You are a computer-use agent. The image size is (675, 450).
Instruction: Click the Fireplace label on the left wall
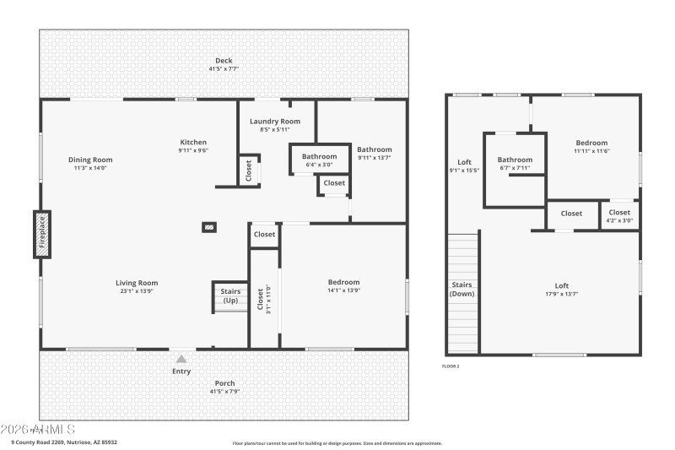pyautogui.click(x=40, y=232)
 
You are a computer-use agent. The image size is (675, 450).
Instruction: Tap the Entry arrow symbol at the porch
pyautogui.click(x=181, y=360)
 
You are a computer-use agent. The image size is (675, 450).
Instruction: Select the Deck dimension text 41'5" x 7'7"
pyautogui.click(x=224, y=68)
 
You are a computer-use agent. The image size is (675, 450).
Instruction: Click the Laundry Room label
pyautogui.click(x=275, y=122)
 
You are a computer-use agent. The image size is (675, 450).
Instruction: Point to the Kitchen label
pyautogui.click(x=193, y=142)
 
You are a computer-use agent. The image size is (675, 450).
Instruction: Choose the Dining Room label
pyautogui.click(x=90, y=160)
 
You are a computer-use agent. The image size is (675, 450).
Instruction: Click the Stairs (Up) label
pyautogui.click(x=229, y=295)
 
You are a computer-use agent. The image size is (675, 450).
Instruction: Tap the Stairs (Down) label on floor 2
pyautogui.click(x=462, y=289)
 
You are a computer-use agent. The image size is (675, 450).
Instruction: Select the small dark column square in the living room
pyautogui.click(x=208, y=226)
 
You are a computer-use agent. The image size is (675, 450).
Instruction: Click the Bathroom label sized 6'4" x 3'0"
pyautogui.click(x=320, y=156)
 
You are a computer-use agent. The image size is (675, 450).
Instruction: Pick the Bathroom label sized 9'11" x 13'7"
pyautogui.click(x=375, y=149)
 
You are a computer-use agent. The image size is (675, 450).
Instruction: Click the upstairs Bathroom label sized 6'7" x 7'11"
pyautogui.click(x=515, y=160)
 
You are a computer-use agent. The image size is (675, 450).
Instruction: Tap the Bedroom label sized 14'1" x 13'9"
pyautogui.click(x=343, y=282)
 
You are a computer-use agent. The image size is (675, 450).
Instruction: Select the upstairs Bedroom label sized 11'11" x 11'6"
pyautogui.click(x=591, y=143)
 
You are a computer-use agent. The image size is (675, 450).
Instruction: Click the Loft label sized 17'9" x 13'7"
pyautogui.click(x=561, y=285)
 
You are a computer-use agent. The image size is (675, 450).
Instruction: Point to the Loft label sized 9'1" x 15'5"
pyautogui.click(x=464, y=162)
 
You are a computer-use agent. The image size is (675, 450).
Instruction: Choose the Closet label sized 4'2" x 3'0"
pyautogui.click(x=619, y=213)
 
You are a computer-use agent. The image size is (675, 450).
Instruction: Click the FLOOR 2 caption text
pyautogui.click(x=451, y=366)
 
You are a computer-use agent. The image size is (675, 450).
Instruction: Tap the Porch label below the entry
pyautogui.click(x=224, y=383)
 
